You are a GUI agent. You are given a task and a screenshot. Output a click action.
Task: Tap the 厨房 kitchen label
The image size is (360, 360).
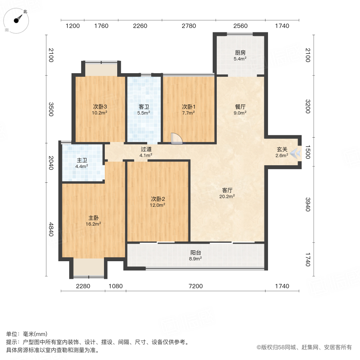point(240,52)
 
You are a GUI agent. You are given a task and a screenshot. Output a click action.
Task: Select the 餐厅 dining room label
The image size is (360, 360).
point(240,107)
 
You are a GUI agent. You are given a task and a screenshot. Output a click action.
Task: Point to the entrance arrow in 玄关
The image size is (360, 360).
point(296,152)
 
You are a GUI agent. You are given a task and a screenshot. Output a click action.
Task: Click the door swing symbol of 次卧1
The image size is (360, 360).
point(176,138)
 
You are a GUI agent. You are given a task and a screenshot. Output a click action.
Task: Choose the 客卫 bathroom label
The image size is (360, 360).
point(144,107)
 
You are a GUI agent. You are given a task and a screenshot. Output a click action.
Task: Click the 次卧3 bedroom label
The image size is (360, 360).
point(100,107)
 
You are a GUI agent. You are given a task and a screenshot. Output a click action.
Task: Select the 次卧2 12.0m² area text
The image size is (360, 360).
point(158,205)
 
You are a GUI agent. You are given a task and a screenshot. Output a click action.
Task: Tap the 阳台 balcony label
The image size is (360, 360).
point(196,252)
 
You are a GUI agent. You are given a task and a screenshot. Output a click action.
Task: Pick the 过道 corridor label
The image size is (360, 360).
point(146,149)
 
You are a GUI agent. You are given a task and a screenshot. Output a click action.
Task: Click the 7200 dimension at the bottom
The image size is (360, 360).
point(196,286)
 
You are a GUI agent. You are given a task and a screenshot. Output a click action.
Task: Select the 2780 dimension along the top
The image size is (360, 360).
point(189,26)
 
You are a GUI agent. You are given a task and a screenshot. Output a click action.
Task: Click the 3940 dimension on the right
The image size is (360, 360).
point(307,204)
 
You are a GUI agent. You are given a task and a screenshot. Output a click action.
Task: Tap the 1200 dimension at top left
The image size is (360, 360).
point(73,26)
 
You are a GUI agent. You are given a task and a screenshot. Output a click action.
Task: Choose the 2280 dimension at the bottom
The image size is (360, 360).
point(83,286)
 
